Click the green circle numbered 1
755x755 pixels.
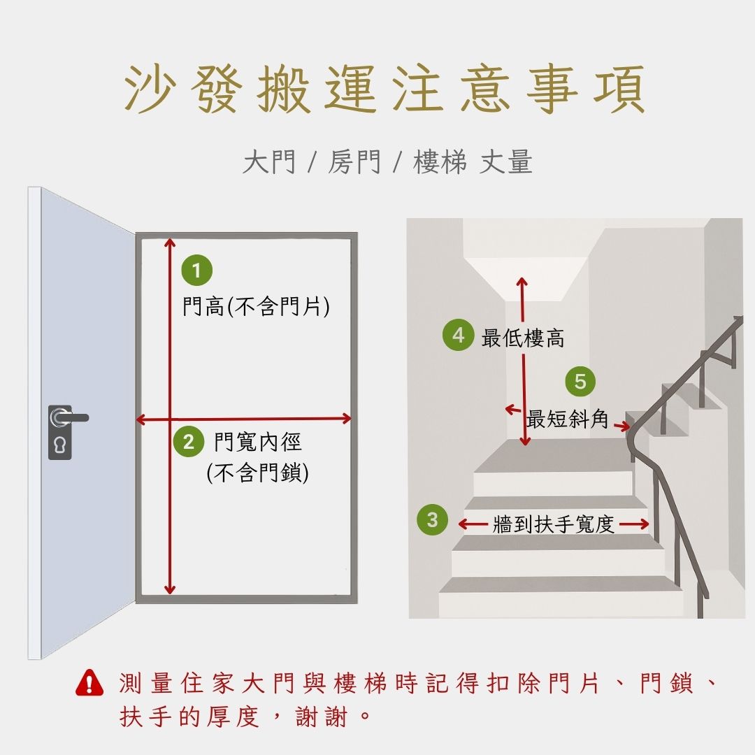196,270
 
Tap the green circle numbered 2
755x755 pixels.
189,442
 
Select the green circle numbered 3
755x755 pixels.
433,519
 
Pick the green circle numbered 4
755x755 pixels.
458,335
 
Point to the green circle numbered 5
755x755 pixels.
580,382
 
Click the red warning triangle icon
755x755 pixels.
89,683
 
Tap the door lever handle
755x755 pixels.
69,417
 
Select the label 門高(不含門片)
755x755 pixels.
256,306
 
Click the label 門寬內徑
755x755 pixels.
257,442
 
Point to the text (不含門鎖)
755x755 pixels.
257,473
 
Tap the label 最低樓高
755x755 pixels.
522,338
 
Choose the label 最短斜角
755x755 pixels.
567,419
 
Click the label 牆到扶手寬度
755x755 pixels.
553,524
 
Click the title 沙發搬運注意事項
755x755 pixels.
384,89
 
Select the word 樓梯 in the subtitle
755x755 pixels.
440,161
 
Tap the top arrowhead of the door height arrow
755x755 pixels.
169,242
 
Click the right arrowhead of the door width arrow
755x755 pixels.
347,419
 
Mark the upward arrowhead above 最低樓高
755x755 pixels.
522,282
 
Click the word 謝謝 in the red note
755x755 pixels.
321,717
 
